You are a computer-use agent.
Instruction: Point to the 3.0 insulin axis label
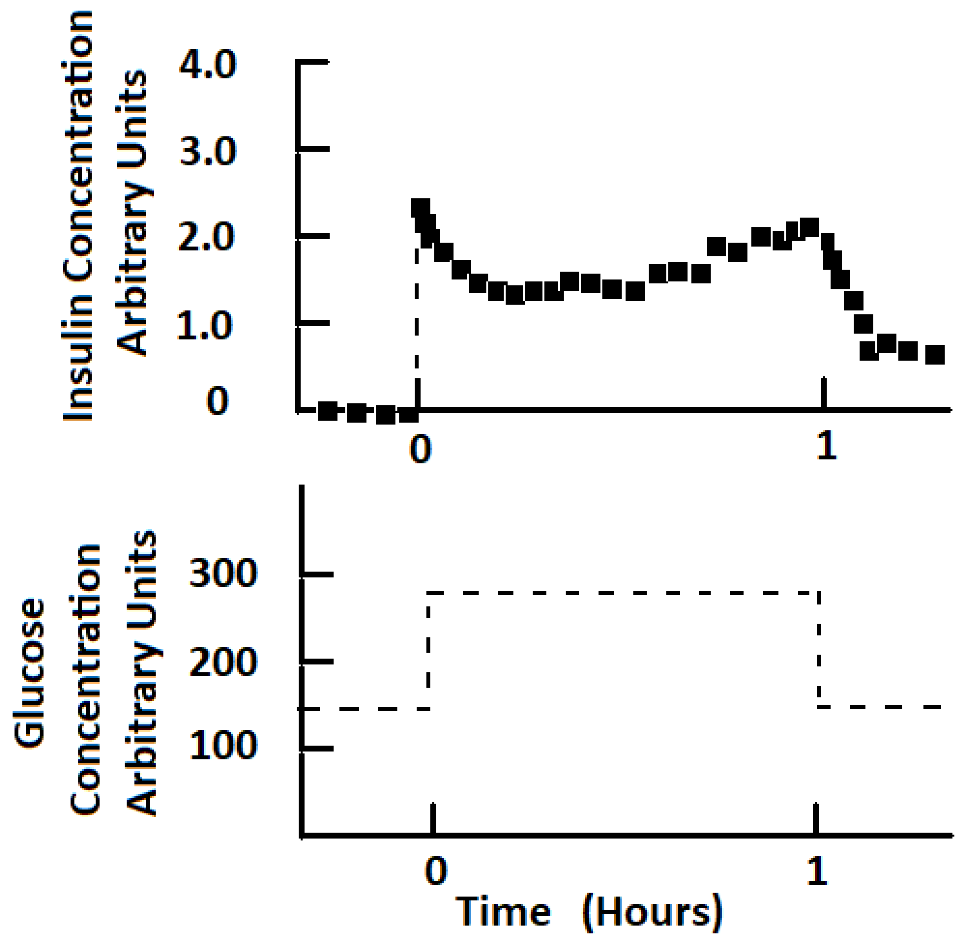click(x=208, y=151)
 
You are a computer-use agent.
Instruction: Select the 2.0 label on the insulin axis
click(x=206, y=237)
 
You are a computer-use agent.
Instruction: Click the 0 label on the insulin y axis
click(x=218, y=402)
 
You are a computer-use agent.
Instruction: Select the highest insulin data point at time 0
click(x=421, y=208)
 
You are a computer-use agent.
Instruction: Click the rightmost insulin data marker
click(x=935, y=355)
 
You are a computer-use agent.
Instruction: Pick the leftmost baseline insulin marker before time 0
click(x=328, y=411)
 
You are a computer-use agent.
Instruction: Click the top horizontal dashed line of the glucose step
click(x=621, y=593)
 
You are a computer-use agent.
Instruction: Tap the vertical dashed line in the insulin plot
click(x=417, y=318)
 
